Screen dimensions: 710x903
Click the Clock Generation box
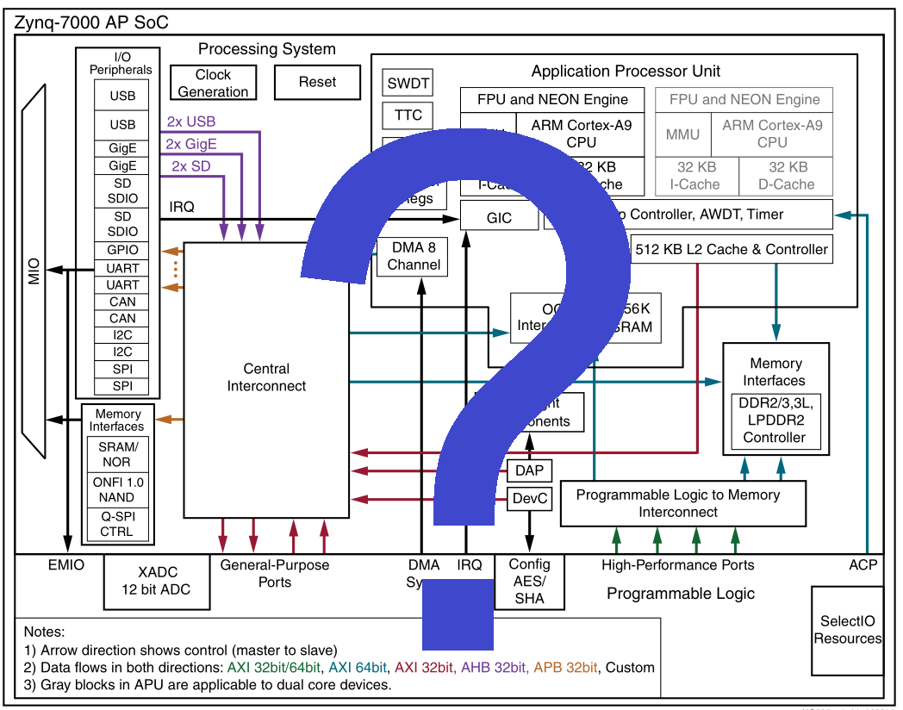click(x=213, y=83)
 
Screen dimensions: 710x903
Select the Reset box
click(x=317, y=83)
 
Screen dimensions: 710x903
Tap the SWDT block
click(x=407, y=84)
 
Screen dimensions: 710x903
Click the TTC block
click(x=407, y=115)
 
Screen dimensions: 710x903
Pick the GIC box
click(x=499, y=218)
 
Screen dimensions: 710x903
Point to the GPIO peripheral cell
click(x=122, y=250)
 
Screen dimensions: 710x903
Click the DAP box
click(x=529, y=470)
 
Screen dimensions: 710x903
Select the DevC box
click(x=529, y=498)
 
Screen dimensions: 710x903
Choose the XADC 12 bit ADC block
click(x=158, y=582)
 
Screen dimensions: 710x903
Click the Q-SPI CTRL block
click(x=116, y=524)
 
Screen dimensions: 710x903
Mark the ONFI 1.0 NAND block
click(x=116, y=489)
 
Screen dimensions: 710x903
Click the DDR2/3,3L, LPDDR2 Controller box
click(x=775, y=420)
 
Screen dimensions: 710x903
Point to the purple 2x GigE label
click(x=190, y=144)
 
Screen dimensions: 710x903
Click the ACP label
click(x=863, y=565)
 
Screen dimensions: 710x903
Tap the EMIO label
click(x=65, y=565)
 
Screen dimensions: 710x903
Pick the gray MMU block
click(x=682, y=134)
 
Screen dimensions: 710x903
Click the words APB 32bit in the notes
click(x=567, y=667)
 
